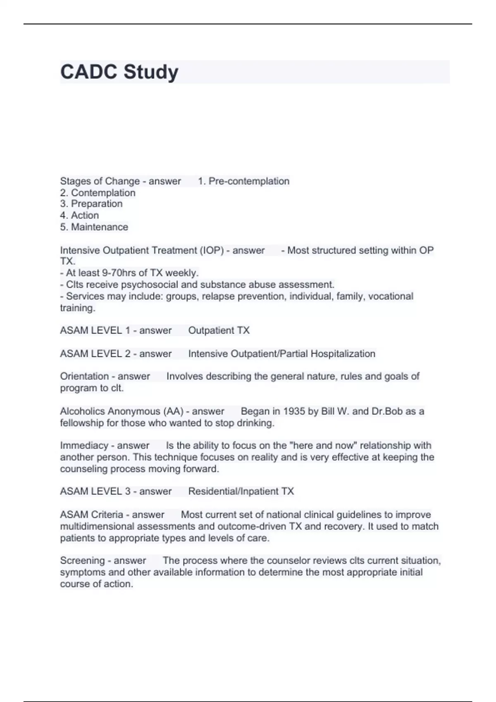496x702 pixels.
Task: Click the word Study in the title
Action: click(151, 72)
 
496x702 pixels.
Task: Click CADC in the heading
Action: click(88, 72)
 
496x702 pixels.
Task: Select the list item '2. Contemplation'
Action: click(98, 193)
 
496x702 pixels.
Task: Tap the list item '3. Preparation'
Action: click(91, 204)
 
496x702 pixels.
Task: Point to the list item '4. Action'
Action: click(79, 216)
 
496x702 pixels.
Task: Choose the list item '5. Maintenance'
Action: click(94, 227)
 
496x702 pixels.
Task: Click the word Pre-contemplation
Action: click(249, 181)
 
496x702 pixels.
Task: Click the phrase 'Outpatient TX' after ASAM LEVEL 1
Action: click(219, 330)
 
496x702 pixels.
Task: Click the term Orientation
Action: click(84, 376)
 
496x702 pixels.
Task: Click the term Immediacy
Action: click(84, 446)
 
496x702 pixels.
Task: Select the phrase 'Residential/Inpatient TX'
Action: click(241, 491)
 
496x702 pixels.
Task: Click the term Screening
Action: click(82, 560)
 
